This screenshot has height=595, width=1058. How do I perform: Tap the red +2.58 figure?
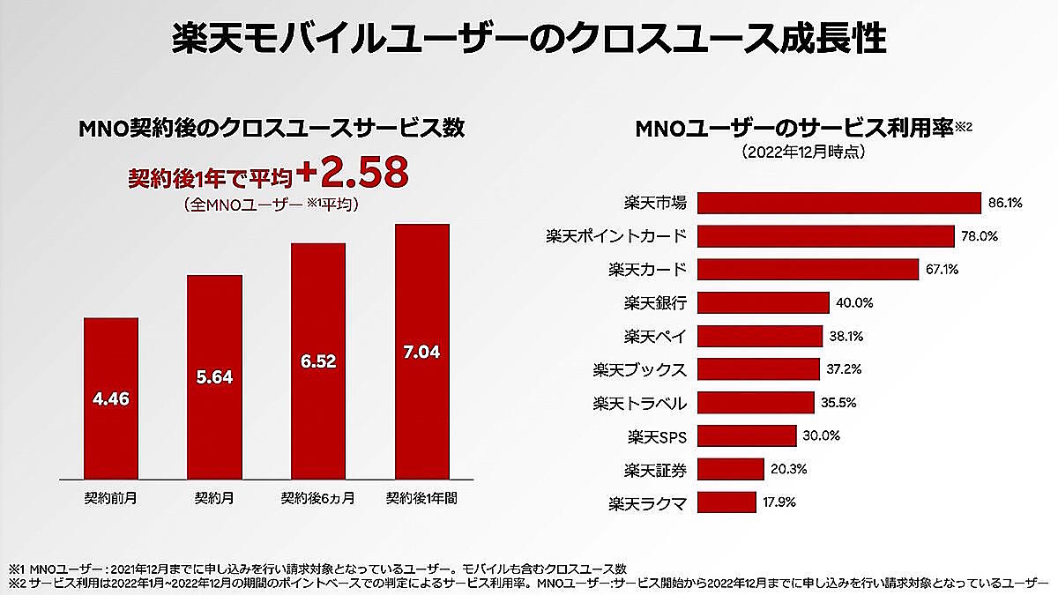(x=354, y=175)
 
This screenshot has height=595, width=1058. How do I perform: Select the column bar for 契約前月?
(x=111, y=397)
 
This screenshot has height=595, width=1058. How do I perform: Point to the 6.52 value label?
(x=319, y=361)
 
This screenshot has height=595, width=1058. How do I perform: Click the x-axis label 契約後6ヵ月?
(x=318, y=497)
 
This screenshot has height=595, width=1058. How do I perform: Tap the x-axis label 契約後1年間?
(x=421, y=497)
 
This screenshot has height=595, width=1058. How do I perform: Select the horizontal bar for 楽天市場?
(x=839, y=203)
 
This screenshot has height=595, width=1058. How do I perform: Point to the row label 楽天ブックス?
(x=640, y=369)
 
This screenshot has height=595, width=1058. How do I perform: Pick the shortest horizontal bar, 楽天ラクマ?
(x=727, y=503)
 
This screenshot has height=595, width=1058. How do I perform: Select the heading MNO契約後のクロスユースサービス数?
(x=272, y=129)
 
